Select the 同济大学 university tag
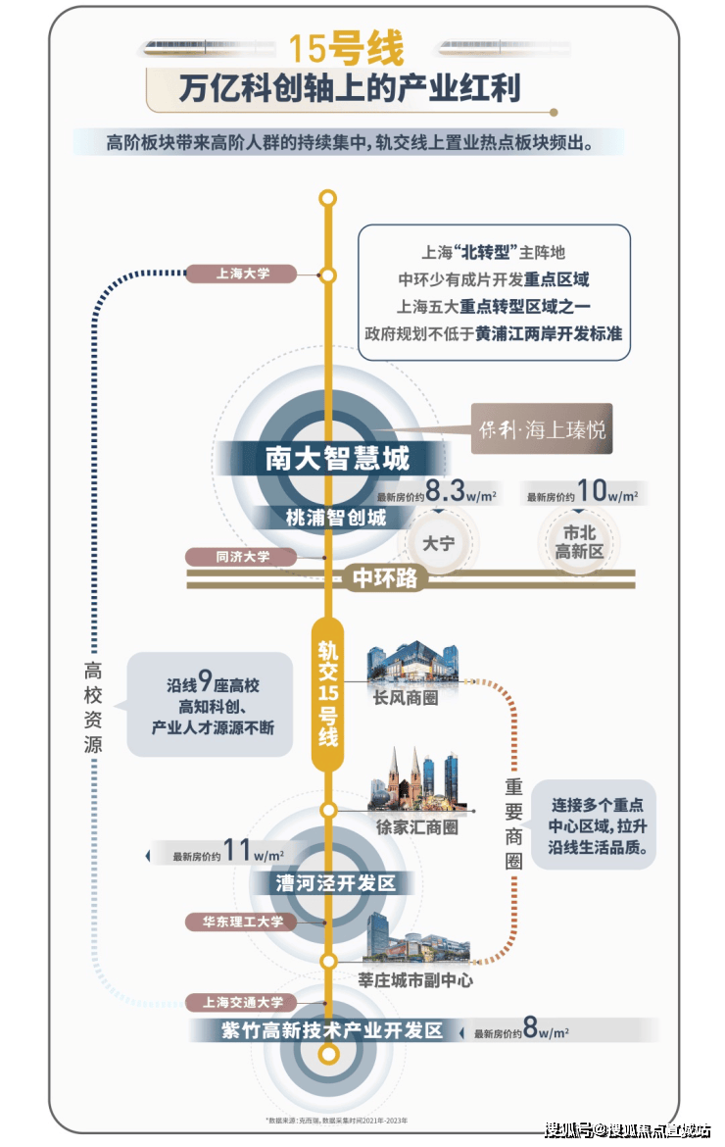[x=242, y=557]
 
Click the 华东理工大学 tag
[x=242, y=922]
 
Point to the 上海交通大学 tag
[x=242, y=1002]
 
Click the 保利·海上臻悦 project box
[x=542, y=428]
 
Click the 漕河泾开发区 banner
[x=335, y=883]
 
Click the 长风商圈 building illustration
[x=411, y=665]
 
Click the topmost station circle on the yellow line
[x=328, y=199]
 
